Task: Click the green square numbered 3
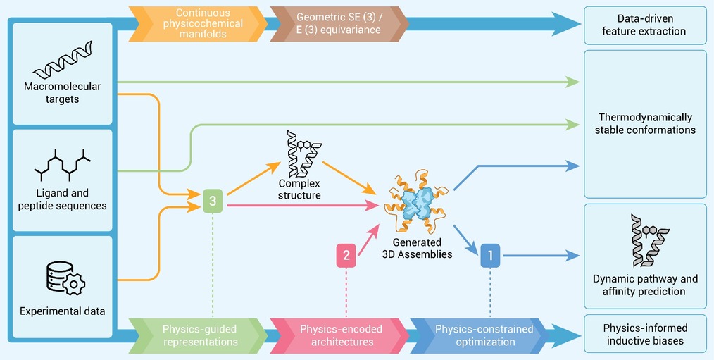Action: tap(213, 201)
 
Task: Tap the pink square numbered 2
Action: tap(346, 256)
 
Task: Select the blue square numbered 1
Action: tap(490, 256)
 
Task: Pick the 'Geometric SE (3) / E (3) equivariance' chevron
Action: tap(339, 24)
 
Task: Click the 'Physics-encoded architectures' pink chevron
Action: tap(339, 335)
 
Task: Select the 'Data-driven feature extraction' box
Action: tap(645, 25)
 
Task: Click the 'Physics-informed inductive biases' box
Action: tap(645, 333)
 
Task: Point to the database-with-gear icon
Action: tap(65, 278)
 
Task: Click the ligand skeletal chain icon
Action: tap(63, 165)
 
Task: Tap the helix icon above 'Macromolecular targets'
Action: tap(63, 60)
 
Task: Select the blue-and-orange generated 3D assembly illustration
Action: tap(416, 201)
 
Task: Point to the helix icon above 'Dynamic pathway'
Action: tap(650, 241)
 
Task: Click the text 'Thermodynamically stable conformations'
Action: tap(645, 123)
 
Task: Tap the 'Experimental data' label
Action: tap(63, 311)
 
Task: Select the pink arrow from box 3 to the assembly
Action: tap(302, 206)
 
